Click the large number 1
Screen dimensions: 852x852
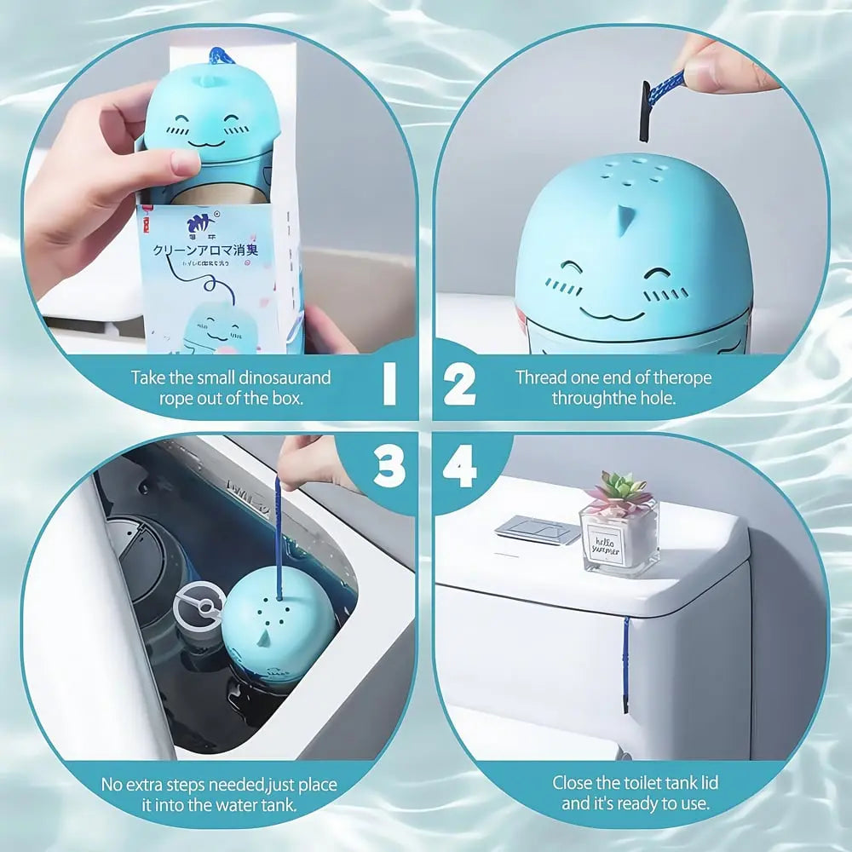(x=390, y=386)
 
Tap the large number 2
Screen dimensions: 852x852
(x=459, y=386)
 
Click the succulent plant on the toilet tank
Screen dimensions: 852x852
(x=618, y=494)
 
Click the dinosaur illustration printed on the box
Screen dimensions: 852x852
(x=221, y=328)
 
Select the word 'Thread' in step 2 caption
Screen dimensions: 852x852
(x=539, y=377)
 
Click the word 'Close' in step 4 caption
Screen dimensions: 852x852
(x=573, y=782)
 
